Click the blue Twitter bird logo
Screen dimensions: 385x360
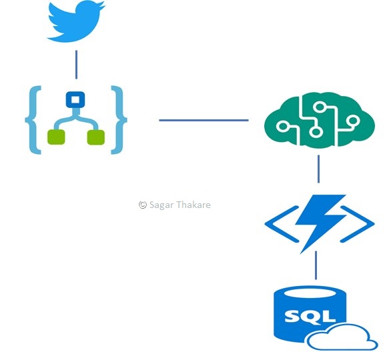click(x=75, y=21)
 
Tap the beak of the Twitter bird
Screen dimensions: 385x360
click(x=103, y=5)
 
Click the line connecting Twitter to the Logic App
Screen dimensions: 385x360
click(x=76, y=65)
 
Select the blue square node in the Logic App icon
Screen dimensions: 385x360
click(x=75, y=99)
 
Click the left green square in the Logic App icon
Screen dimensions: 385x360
click(x=56, y=137)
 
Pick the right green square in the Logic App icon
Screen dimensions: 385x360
click(x=96, y=137)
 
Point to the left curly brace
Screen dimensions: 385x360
click(x=33, y=120)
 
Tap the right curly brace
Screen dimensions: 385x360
click(x=119, y=120)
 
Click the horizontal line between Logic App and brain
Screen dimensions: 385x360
click(x=204, y=120)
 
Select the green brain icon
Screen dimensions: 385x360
click(x=320, y=120)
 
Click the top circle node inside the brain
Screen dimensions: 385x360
click(x=320, y=107)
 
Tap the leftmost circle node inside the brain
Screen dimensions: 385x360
click(x=283, y=127)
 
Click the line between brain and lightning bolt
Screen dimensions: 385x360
click(x=319, y=169)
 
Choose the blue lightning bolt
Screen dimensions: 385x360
click(x=320, y=223)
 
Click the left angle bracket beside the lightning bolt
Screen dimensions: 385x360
click(x=281, y=224)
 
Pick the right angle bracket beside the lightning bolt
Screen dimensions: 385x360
click(x=357, y=224)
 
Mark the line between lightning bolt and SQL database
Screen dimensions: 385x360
click(x=316, y=265)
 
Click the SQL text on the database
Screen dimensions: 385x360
click(x=310, y=316)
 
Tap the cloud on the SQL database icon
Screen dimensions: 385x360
click(x=342, y=337)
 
